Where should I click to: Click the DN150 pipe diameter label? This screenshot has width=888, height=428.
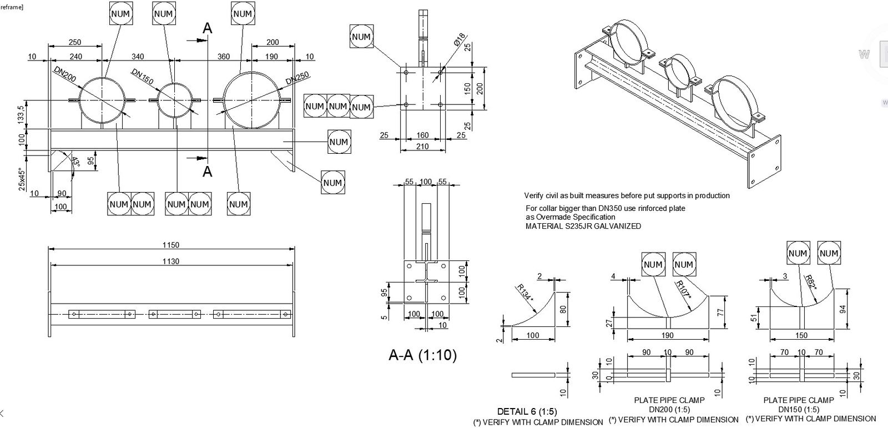click(142, 77)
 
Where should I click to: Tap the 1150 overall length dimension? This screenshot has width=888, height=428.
click(170, 245)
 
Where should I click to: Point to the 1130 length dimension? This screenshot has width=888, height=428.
click(170, 261)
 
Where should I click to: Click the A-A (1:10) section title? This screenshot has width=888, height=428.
click(422, 355)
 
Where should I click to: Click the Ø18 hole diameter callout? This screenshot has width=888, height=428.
click(458, 40)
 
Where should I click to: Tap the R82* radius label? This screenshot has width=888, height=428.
click(811, 284)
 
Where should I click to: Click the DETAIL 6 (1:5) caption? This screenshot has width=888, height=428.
click(527, 411)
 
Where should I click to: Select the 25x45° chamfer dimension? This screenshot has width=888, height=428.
click(22, 179)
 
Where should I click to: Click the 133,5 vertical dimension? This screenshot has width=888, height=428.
click(22, 116)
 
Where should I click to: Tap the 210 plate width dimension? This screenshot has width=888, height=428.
click(422, 147)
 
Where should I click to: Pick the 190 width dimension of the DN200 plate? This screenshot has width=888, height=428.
click(668, 335)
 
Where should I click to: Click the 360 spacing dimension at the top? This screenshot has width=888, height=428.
click(223, 57)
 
